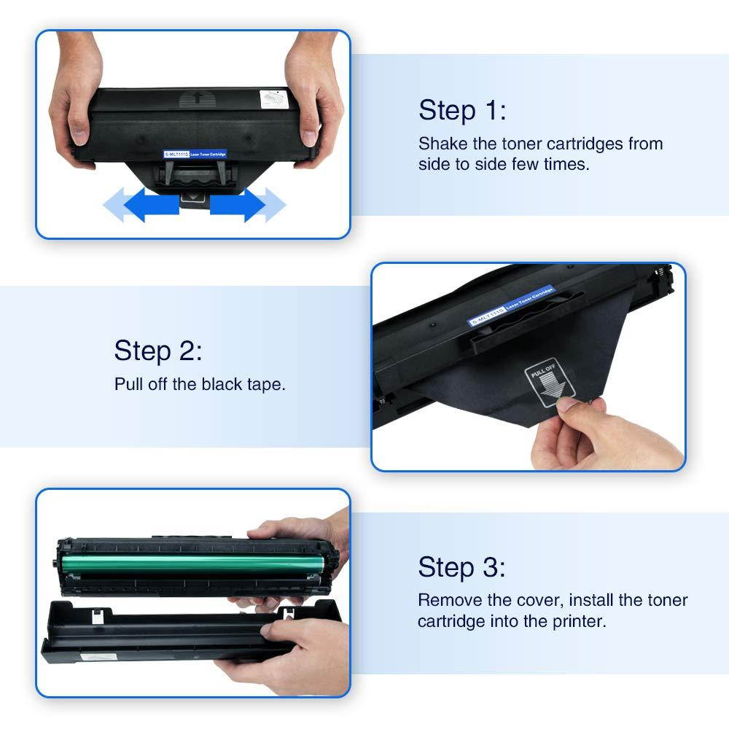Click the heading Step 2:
[x=158, y=351]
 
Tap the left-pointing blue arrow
[x=142, y=205]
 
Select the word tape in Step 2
[x=264, y=384]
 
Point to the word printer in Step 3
[x=581, y=622]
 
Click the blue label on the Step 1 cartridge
[x=195, y=154]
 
